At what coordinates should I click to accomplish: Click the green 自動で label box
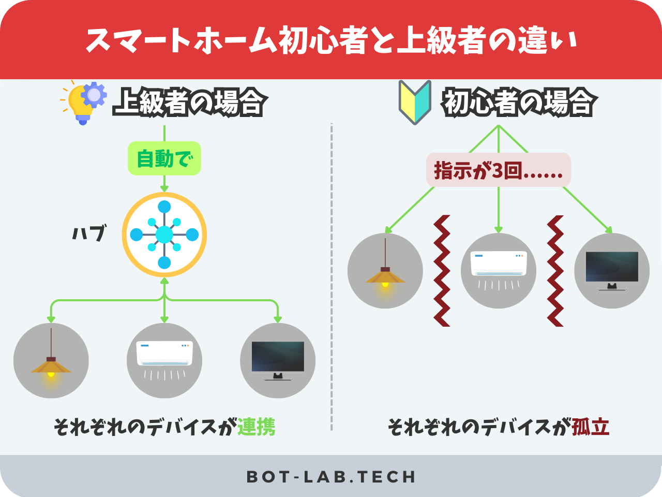(164, 158)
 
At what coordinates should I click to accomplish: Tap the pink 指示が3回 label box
(498, 170)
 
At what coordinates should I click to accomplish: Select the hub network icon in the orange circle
(164, 235)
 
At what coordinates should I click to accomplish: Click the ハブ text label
(89, 233)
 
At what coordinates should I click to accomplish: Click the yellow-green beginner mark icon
(415, 101)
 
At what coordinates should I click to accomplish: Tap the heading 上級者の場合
(189, 102)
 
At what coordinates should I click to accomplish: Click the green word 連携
(257, 427)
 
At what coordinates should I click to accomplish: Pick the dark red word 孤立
(591, 427)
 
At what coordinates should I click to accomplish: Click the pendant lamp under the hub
(51, 361)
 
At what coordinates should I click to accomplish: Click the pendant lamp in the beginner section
(385, 271)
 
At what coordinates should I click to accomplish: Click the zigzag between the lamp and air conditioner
(442, 271)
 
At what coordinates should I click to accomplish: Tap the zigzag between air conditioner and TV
(555, 271)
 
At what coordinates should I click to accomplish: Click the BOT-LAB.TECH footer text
(331, 477)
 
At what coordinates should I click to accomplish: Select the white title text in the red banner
(331, 40)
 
